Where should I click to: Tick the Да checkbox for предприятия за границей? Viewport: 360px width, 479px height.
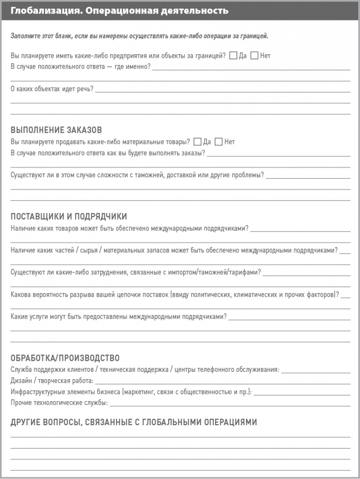pos(233,56)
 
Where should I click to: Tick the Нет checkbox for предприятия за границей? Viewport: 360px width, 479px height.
pos(254,56)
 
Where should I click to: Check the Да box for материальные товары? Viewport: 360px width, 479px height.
pos(197,142)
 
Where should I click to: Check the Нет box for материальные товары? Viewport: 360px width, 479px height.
pos(218,142)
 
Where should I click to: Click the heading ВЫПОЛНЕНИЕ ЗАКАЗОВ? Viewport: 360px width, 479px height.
pos(56,130)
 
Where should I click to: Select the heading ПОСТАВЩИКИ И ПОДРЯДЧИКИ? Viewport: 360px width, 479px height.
pos(68,216)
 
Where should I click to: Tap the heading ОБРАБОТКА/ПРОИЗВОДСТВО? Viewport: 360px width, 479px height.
pos(65,358)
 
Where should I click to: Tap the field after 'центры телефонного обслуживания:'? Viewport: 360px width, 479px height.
pos(316,371)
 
